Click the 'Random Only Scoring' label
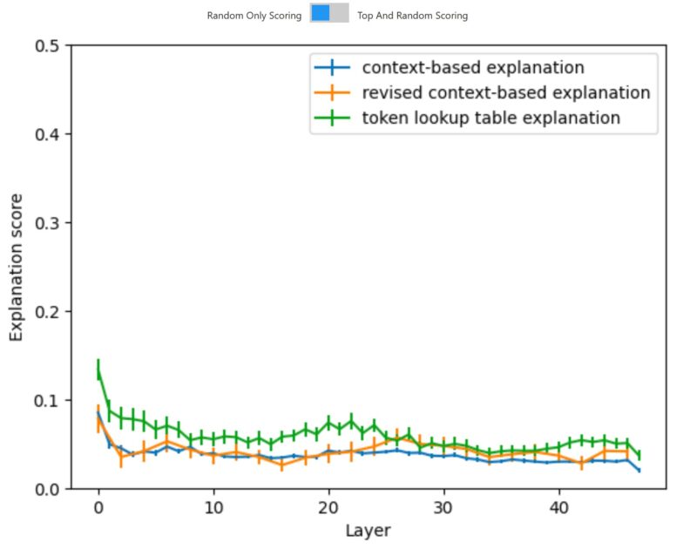(254, 16)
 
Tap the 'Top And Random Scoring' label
(412, 16)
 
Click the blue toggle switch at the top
(329, 13)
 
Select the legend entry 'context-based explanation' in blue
(473, 67)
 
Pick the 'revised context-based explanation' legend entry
(506, 92)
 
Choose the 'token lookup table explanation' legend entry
(490, 118)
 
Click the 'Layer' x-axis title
(369, 531)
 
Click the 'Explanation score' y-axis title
(17, 267)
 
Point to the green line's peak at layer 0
(98, 370)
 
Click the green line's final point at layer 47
(639, 455)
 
